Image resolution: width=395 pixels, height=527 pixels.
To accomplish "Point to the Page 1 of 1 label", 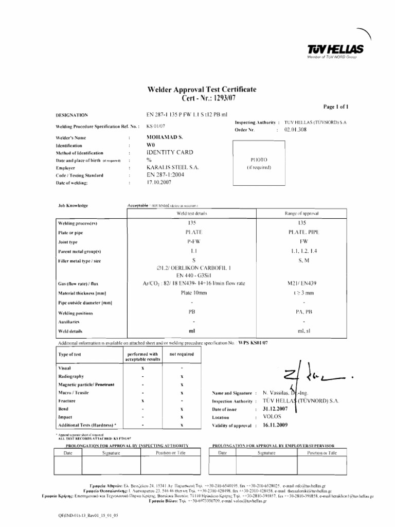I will click(336, 107).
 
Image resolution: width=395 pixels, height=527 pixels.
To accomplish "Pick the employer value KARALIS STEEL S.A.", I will click(172, 168).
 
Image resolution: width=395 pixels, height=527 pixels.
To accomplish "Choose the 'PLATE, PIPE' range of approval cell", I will click(302, 232).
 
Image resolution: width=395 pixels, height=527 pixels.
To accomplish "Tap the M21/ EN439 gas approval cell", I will click(302, 283).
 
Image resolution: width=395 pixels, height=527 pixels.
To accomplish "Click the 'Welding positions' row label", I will click(76, 312).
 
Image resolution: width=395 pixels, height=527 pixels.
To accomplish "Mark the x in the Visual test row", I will click(142, 368).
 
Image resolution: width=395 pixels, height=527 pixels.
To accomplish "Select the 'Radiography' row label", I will click(70, 377).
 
